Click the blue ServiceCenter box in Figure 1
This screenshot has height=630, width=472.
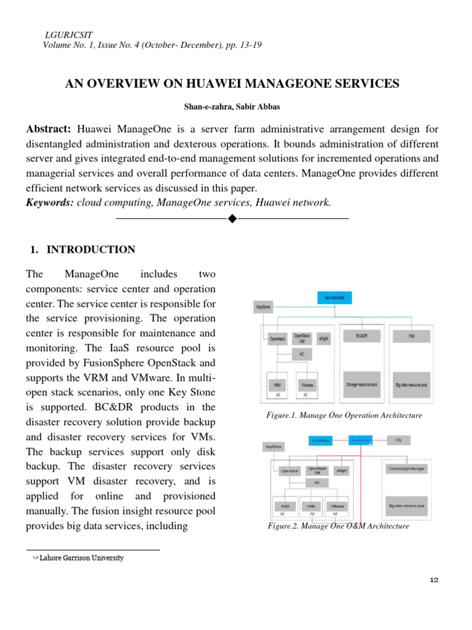(x=334, y=298)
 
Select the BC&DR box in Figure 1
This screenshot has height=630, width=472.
(x=361, y=337)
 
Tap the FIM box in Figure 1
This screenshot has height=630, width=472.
(x=411, y=337)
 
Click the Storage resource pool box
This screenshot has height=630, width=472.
(x=361, y=384)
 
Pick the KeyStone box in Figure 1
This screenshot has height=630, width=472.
(x=262, y=306)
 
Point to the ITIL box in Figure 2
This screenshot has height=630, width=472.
(x=398, y=440)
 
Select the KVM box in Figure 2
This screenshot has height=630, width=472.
(x=283, y=506)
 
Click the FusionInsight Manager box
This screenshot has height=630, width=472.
(x=407, y=469)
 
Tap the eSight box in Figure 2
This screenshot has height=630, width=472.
(x=342, y=470)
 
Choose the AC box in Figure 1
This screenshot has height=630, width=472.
(x=301, y=354)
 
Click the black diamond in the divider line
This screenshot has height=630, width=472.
(x=232, y=218)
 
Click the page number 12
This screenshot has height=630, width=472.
(x=434, y=580)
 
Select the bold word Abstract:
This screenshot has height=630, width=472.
(x=49, y=129)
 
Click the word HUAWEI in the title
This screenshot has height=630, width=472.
(x=208, y=84)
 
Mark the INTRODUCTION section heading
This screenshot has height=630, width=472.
(x=91, y=249)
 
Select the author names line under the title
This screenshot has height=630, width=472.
(x=232, y=106)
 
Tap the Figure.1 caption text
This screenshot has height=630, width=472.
(x=344, y=415)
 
